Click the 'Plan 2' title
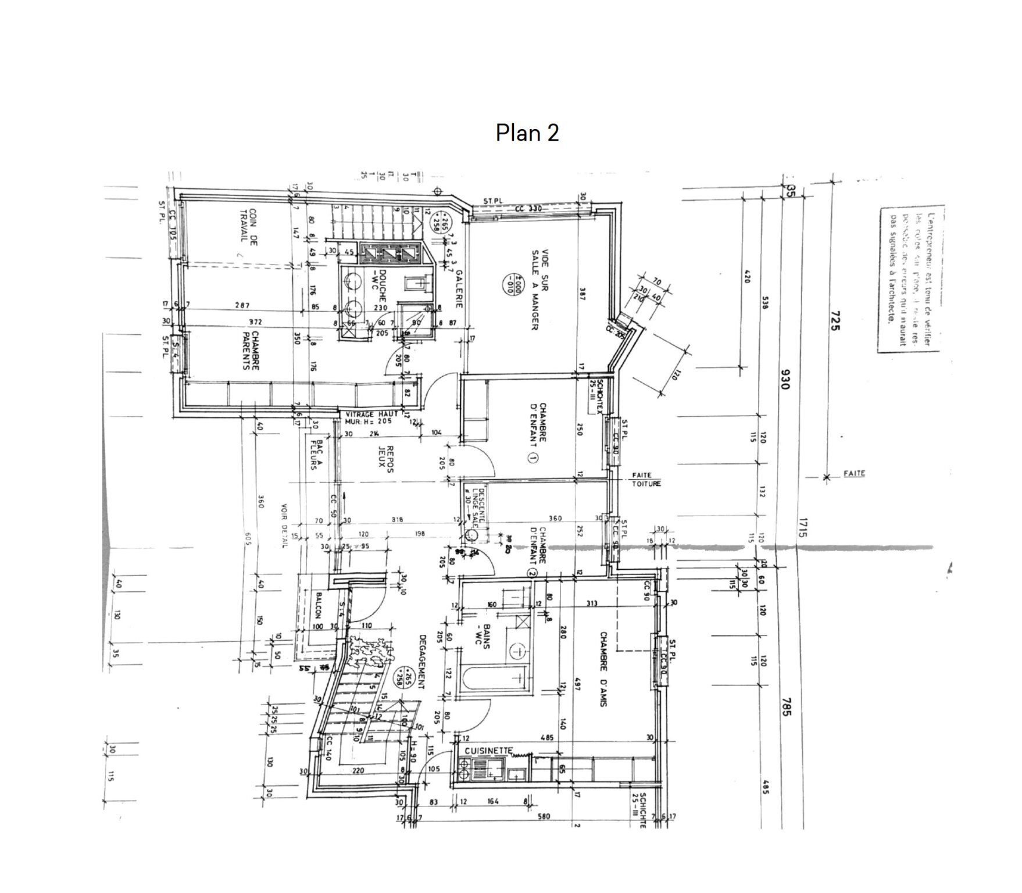click(x=527, y=133)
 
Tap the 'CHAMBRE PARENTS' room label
click(x=250, y=351)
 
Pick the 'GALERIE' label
click(x=459, y=288)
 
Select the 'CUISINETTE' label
click(x=488, y=751)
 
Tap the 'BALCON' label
click(x=319, y=606)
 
